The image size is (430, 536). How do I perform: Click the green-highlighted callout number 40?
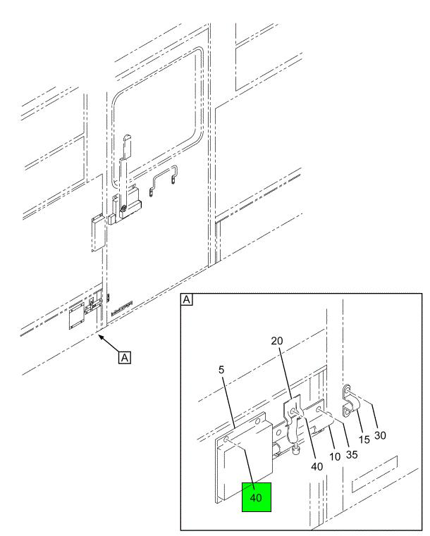coord(256,497)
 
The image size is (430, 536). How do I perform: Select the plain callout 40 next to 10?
coord(317,466)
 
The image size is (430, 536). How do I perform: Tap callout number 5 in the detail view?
coord(221,370)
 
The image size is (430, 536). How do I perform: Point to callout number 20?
coord(277,341)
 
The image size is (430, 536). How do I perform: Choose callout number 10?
coord(335,456)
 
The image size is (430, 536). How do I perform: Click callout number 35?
coord(352,454)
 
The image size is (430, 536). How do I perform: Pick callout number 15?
coord(364,440)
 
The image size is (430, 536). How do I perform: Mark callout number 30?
coord(380,435)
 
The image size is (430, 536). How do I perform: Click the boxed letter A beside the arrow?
coord(125,358)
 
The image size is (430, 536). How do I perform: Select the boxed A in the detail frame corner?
coord(186,300)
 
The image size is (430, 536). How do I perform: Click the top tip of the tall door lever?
coord(127,135)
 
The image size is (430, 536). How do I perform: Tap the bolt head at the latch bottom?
coord(296,451)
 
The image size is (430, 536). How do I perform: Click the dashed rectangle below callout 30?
coord(374,474)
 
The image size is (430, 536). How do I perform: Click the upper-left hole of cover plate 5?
coord(226,440)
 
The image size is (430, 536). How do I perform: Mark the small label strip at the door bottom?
coord(122,308)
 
